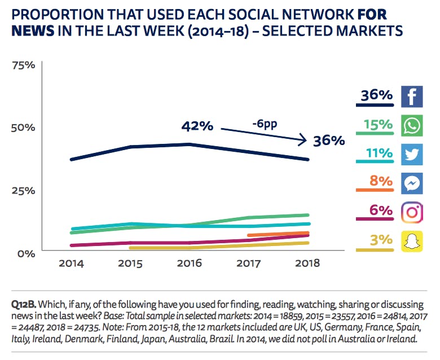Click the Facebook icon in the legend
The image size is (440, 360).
412,96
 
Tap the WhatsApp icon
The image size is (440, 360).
412,125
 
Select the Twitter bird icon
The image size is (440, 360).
412,154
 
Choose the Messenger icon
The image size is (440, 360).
412,183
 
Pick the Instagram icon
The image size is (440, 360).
412,212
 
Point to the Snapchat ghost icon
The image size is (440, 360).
412,241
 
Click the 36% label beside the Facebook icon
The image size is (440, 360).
377,95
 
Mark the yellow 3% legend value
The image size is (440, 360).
380,239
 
